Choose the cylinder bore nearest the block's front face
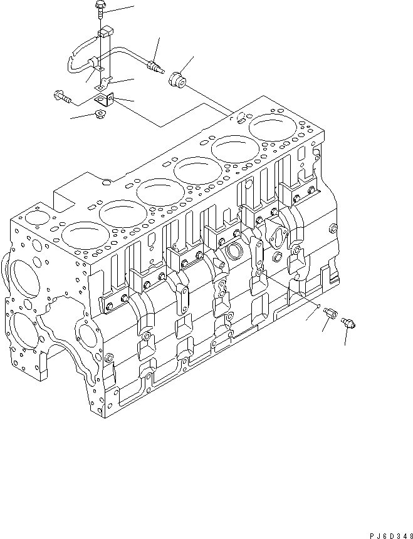pyautogui.click(x=81, y=239)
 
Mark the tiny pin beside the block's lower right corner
pyautogui.click(x=320, y=306)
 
